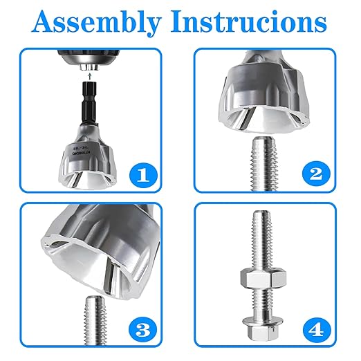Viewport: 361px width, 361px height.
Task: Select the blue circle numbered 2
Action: [315, 174]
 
